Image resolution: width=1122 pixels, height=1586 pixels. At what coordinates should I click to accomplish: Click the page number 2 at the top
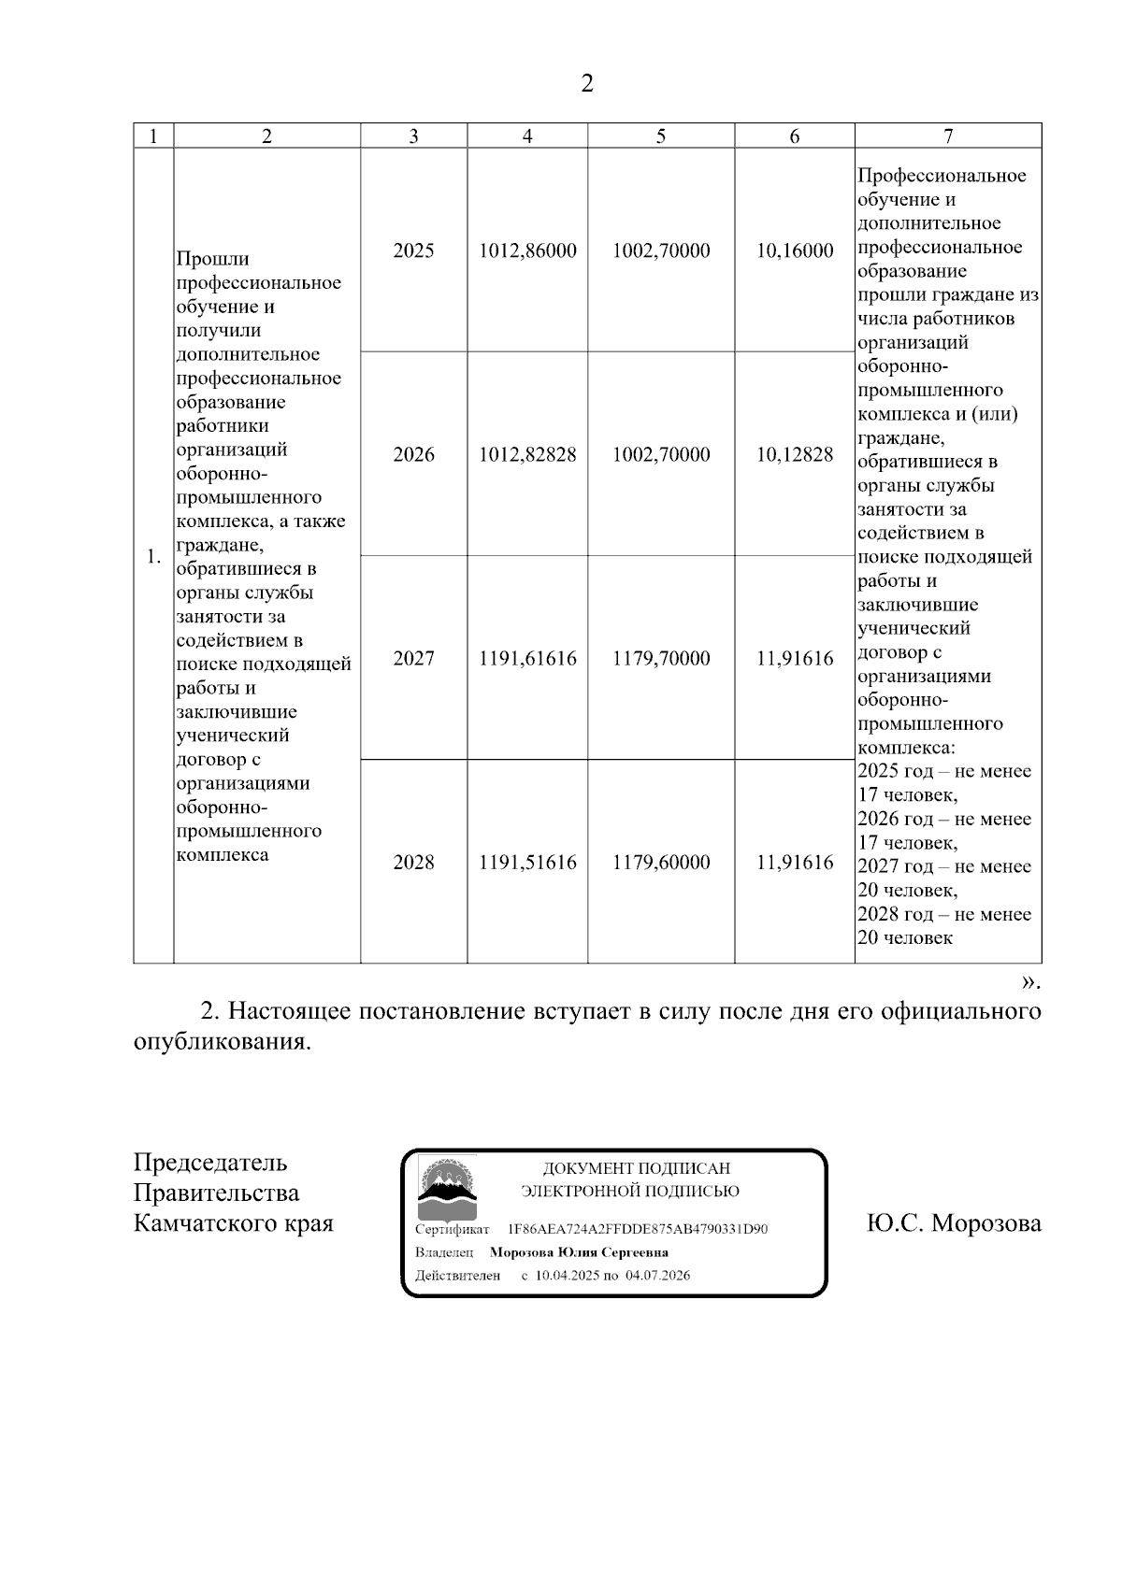click(x=586, y=84)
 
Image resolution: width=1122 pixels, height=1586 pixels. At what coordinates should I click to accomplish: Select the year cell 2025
click(x=413, y=250)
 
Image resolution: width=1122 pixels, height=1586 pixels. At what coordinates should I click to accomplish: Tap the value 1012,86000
click(x=527, y=250)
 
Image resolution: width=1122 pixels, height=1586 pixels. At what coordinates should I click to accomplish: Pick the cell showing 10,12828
click(x=795, y=454)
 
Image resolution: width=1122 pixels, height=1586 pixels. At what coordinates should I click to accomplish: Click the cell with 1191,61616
click(x=527, y=658)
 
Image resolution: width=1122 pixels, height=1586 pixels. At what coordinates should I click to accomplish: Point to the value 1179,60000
click(x=661, y=862)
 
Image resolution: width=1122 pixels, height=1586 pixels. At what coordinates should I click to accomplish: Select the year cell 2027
click(x=413, y=658)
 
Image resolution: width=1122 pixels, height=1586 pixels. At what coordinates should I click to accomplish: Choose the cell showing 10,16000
click(x=795, y=250)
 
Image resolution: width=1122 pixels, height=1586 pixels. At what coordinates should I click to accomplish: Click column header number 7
click(x=948, y=136)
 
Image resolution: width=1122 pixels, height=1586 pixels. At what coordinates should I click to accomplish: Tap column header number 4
click(x=527, y=136)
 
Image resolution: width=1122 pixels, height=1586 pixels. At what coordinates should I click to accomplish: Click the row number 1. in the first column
click(x=153, y=558)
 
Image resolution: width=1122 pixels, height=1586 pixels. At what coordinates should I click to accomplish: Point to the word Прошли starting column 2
click(x=212, y=259)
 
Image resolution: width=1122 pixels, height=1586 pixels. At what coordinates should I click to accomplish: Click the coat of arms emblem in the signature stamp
click(x=445, y=1186)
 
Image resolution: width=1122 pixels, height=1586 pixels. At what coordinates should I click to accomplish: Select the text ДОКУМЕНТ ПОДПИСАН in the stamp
click(x=636, y=1168)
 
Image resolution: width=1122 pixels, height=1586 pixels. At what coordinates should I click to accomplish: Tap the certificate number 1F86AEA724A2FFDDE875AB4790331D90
click(x=638, y=1229)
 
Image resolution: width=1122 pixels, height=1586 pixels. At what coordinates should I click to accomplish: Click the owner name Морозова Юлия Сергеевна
click(x=579, y=1252)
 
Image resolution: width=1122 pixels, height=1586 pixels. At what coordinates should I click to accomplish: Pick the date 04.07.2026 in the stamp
click(x=658, y=1275)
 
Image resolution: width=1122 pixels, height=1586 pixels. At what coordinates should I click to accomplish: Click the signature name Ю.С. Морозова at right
click(x=954, y=1223)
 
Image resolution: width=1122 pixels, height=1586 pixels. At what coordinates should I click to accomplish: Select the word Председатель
click(x=210, y=1163)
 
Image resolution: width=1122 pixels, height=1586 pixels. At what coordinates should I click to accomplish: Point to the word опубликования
click(x=221, y=1042)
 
